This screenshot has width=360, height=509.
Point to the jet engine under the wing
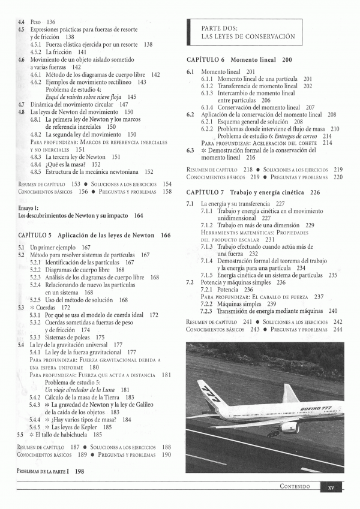(290, 427)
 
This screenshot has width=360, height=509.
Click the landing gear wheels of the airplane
(273, 433)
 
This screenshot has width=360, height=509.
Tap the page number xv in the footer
(331, 487)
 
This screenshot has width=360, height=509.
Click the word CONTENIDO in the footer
(295, 487)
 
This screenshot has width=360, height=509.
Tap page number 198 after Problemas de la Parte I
(80, 472)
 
